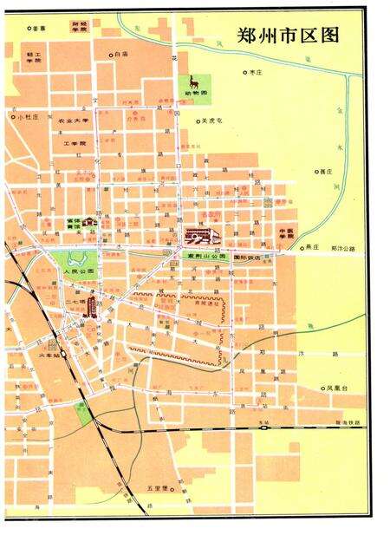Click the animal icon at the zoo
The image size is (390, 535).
[x=195, y=82]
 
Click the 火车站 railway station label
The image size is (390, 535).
[x=50, y=355]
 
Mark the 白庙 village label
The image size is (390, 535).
[x=121, y=55]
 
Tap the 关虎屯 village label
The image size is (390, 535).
[x=212, y=121]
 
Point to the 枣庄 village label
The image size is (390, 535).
[x=255, y=73]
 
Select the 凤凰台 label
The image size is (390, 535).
[x=338, y=388]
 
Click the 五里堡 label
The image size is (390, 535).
[x=156, y=488]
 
